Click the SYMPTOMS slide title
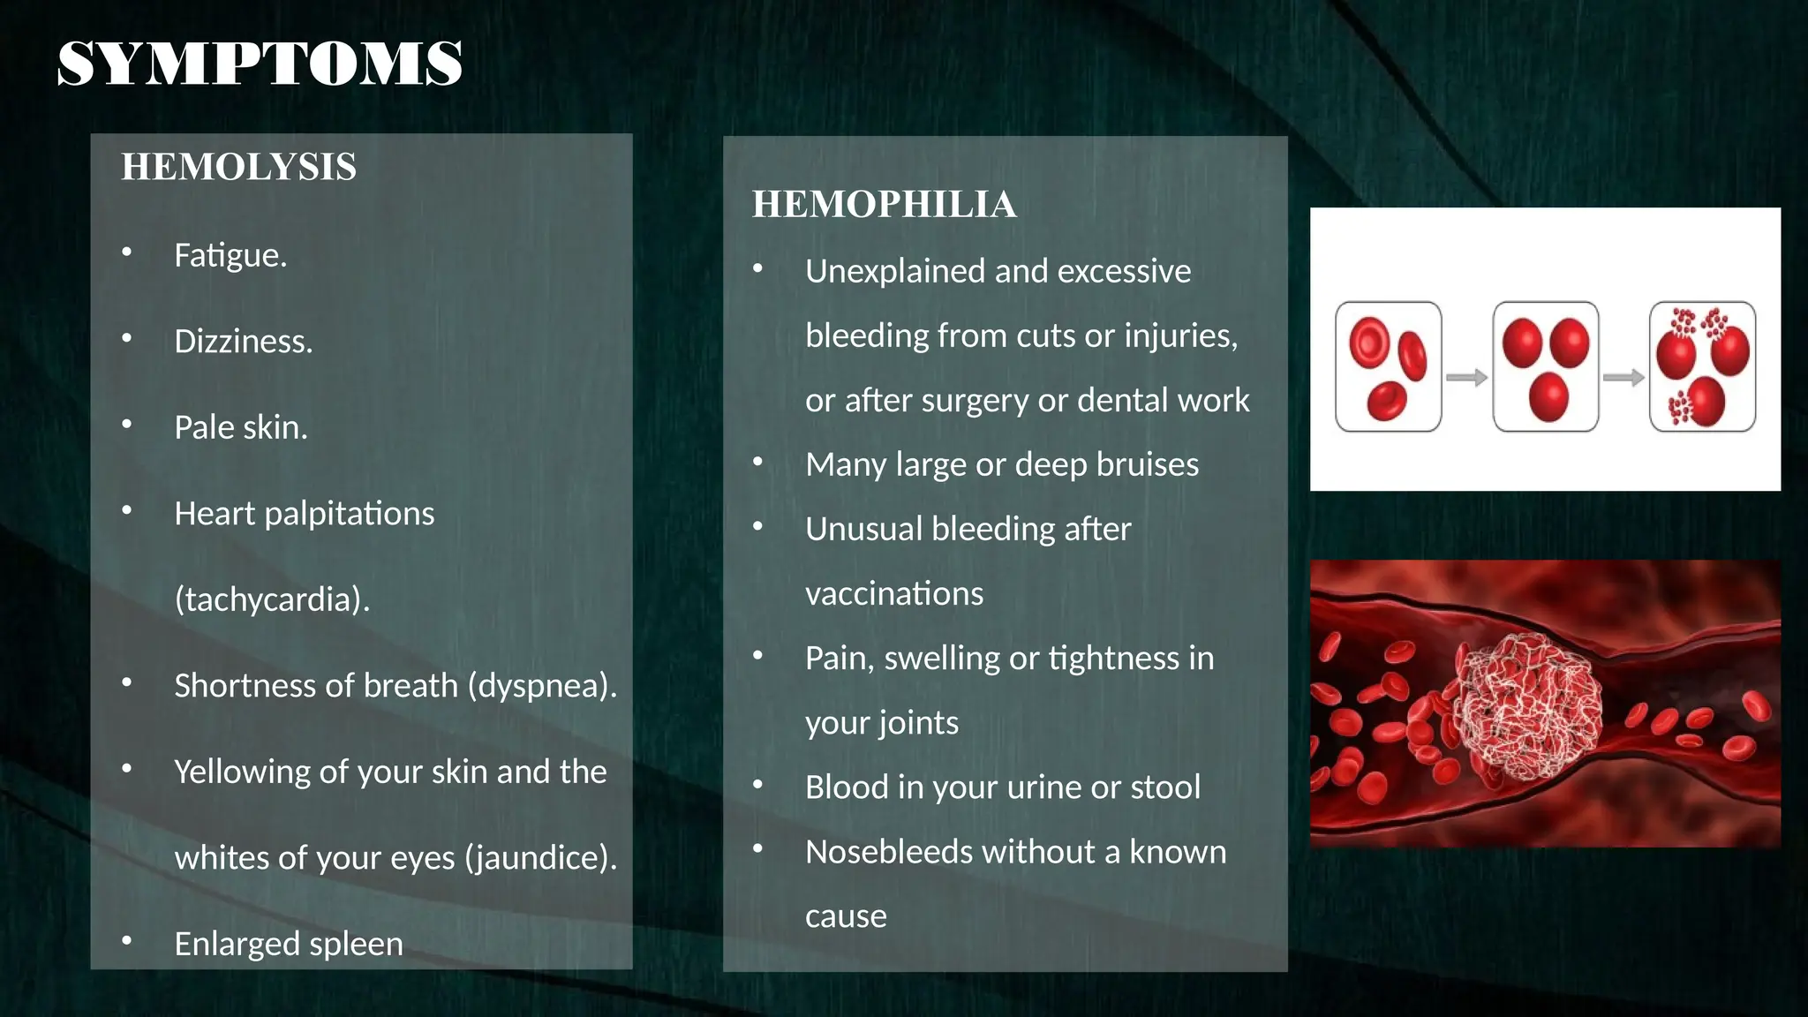pos(260,64)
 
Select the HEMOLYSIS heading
pos(238,167)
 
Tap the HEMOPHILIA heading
pos(884,205)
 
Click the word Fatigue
pos(229,255)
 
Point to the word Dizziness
pos(243,342)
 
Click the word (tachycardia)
pos(272,599)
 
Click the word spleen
pos(355,945)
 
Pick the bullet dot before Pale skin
pos(127,425)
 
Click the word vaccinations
pos(893,593)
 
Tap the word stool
pos(1163,787)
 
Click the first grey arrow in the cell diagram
pos(1466,378)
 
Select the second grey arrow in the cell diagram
pos(1623,378)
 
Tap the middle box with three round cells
pos(1545,366)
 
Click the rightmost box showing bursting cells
pos(1702,366)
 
